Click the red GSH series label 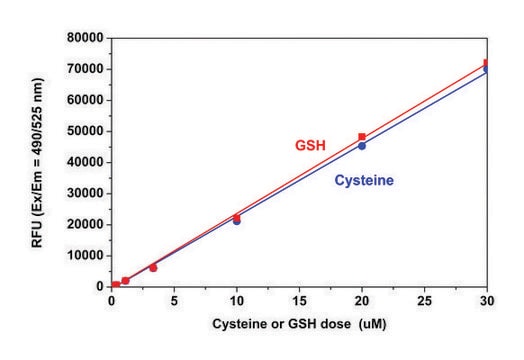pos(310,146)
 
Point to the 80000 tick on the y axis pos(87,37)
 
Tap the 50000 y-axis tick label pos(87,131)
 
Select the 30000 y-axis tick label pos(87,193)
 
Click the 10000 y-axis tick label pos(87,255)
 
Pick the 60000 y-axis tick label pos(87,100)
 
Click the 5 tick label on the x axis pos(174,300)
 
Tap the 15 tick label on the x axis pos(299,300)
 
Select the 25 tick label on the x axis pos(424,300)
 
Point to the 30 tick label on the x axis pos(486,300)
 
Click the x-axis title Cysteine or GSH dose pos(299,327)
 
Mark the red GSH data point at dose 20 pos(362,137)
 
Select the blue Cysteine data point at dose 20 pos(362,146)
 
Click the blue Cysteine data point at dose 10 pos(237,220)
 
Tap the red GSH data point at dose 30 pos(487,63)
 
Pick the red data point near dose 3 pos(153,268)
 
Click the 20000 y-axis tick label pos(87,224)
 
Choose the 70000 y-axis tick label pos(87,69)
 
